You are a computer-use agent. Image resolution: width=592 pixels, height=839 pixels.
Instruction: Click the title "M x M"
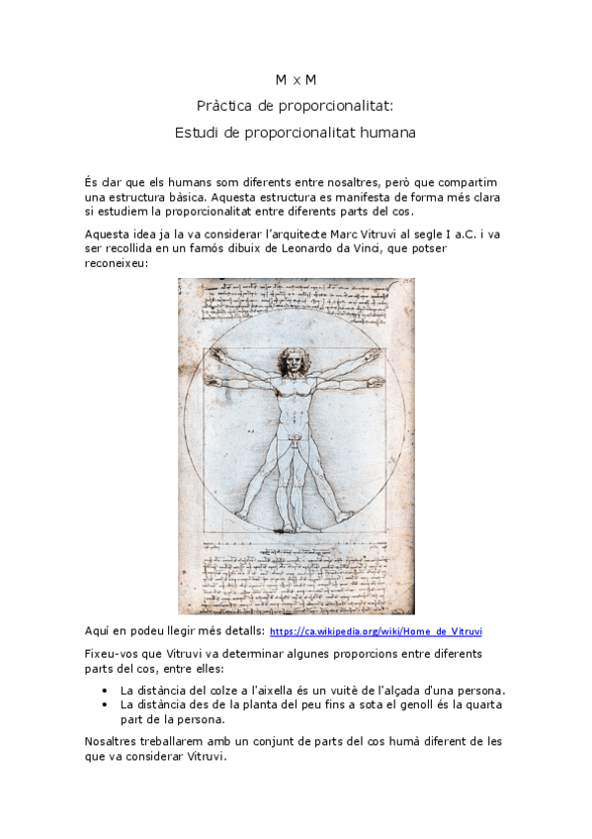[x=296, y=78]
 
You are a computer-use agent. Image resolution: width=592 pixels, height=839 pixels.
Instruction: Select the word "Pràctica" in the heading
[x=226, y=104]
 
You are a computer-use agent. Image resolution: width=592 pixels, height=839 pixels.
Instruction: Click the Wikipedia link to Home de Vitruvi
[x=376, y=631]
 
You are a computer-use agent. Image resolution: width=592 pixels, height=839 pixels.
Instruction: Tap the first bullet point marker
[x=105, y=690]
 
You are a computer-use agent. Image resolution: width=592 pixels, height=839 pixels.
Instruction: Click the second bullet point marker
[x=105, y=704]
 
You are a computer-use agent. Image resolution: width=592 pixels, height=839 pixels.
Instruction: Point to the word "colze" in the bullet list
[x=212, y=690]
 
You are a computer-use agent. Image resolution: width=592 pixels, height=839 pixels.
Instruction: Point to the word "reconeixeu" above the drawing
[x=117, y=263]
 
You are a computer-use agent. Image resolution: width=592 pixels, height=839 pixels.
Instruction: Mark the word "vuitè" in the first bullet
[x=347, y=690]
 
